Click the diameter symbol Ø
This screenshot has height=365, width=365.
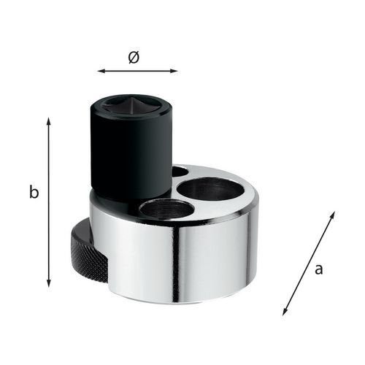134,58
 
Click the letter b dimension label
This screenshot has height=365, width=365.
34,192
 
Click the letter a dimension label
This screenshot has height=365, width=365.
318,269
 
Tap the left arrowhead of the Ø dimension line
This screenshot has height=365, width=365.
101,71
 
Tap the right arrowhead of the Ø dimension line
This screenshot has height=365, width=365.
174,71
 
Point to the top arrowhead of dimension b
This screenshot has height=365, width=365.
49,121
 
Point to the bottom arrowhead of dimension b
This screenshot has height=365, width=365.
49,283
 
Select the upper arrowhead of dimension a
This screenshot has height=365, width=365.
333,215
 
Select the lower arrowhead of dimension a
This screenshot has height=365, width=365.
285,312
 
